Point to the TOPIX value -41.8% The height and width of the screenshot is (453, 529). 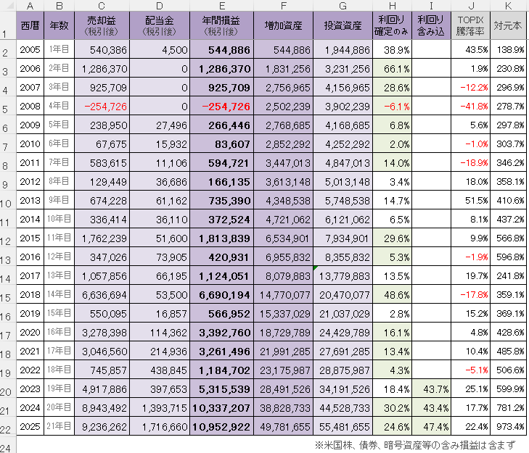click(x=472, y=107)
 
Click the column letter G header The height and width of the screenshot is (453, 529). click(x=343, y=6)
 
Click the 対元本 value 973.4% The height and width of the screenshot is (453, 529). click(x=509, y=428)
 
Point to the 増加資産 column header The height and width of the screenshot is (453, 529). click(x=284, y=27)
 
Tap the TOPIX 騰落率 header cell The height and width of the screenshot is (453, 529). click(x=470, y=27)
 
